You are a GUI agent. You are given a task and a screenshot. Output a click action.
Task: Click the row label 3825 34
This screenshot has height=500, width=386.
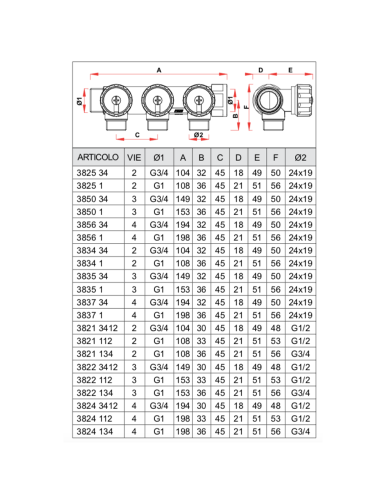click(92, 173)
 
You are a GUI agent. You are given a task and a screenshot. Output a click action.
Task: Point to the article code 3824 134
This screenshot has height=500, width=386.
click(94, 430)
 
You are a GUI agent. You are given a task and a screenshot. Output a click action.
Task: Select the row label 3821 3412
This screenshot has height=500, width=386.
click(97, 327)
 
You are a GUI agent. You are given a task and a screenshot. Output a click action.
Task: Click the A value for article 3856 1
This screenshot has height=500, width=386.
click(183, 237)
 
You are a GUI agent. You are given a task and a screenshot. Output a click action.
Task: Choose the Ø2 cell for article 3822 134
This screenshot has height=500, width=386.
click(300, 392)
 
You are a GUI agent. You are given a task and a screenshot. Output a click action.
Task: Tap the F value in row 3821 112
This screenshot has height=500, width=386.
click(275, 340)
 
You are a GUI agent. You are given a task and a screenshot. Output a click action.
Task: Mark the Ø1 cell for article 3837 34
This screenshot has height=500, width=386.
click(159, 302)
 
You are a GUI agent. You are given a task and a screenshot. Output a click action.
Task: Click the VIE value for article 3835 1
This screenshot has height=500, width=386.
click(134, 289)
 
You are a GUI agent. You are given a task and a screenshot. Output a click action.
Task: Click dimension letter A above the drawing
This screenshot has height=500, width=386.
click(159, 70)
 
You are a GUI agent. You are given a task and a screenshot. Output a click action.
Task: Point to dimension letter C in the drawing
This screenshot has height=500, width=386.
click(137, 133)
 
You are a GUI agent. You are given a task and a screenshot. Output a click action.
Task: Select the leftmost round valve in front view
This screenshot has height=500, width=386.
click(115, 100)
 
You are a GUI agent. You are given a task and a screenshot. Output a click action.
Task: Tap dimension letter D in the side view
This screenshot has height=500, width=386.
click(260, 70)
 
